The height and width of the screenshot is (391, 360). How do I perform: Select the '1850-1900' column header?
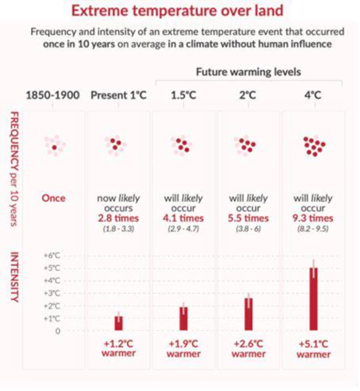pyautogui.click(x=52, y=96)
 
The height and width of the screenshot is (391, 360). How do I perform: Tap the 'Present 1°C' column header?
pyautogui.click(x=118, y=96)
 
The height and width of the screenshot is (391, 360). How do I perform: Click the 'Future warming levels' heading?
pyautogui.click(x=248, y=72)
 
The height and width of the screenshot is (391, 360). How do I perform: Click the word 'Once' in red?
pyautogui.click(x=54, y=198)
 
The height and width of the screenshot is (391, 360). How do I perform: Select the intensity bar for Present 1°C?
pyautogui.click(x=119, y=323)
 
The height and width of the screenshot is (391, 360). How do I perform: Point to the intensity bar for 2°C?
pyautogui.click(x=249, y=314)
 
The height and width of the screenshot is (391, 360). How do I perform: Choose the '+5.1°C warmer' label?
pyautogui.click(x=313, y=349)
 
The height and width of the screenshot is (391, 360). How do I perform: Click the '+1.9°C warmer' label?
pyautogui.click(x=184, y=349)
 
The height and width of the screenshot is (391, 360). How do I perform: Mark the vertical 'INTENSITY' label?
pyautogui.click(x=14, y=277)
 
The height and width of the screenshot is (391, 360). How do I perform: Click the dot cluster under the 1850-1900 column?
pyautogui.click(x=54, y=146)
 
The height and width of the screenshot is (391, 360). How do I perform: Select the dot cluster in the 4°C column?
pyautogui.click(x=314, y=146)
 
